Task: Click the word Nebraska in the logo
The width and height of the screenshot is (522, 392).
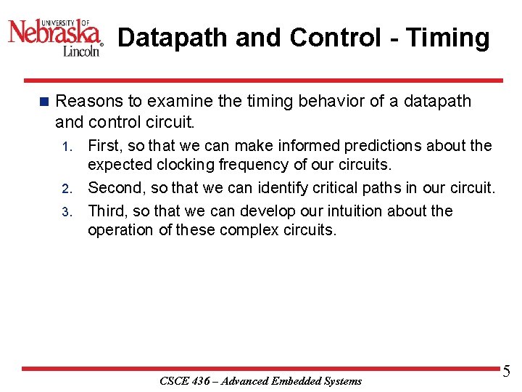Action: click(x=54, y=33)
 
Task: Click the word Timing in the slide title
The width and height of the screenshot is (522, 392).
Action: click(x=448, y=38)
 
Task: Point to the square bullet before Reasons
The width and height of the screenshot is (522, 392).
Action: click(x=43, y=102)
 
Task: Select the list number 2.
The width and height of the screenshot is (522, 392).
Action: click(x=65, y=189)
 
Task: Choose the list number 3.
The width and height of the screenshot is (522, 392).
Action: click(x=65, y=213)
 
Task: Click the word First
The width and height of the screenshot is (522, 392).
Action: click(x=104, y=146)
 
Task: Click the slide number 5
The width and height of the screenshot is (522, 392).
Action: click(x=506, y=372)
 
